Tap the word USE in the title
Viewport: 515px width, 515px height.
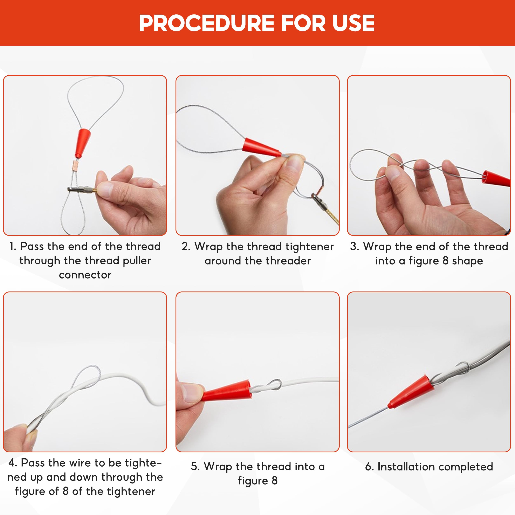click(x=353, y=23)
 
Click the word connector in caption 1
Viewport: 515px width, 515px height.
click(x=85, y=275)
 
